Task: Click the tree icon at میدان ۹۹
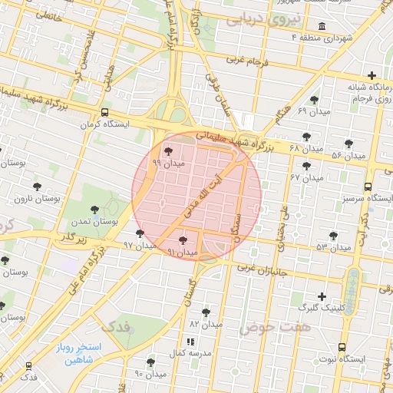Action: point(169,150)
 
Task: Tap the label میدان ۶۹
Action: point(313,112)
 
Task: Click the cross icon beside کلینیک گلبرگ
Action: point(322,296)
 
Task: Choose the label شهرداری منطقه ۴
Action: point(347,38)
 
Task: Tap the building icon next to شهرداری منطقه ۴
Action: point(320,27)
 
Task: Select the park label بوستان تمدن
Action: point(94,221)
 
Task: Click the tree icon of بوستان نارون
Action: point(37,187)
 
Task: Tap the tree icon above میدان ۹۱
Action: point(183,241)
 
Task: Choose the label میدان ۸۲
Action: point(205,324)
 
